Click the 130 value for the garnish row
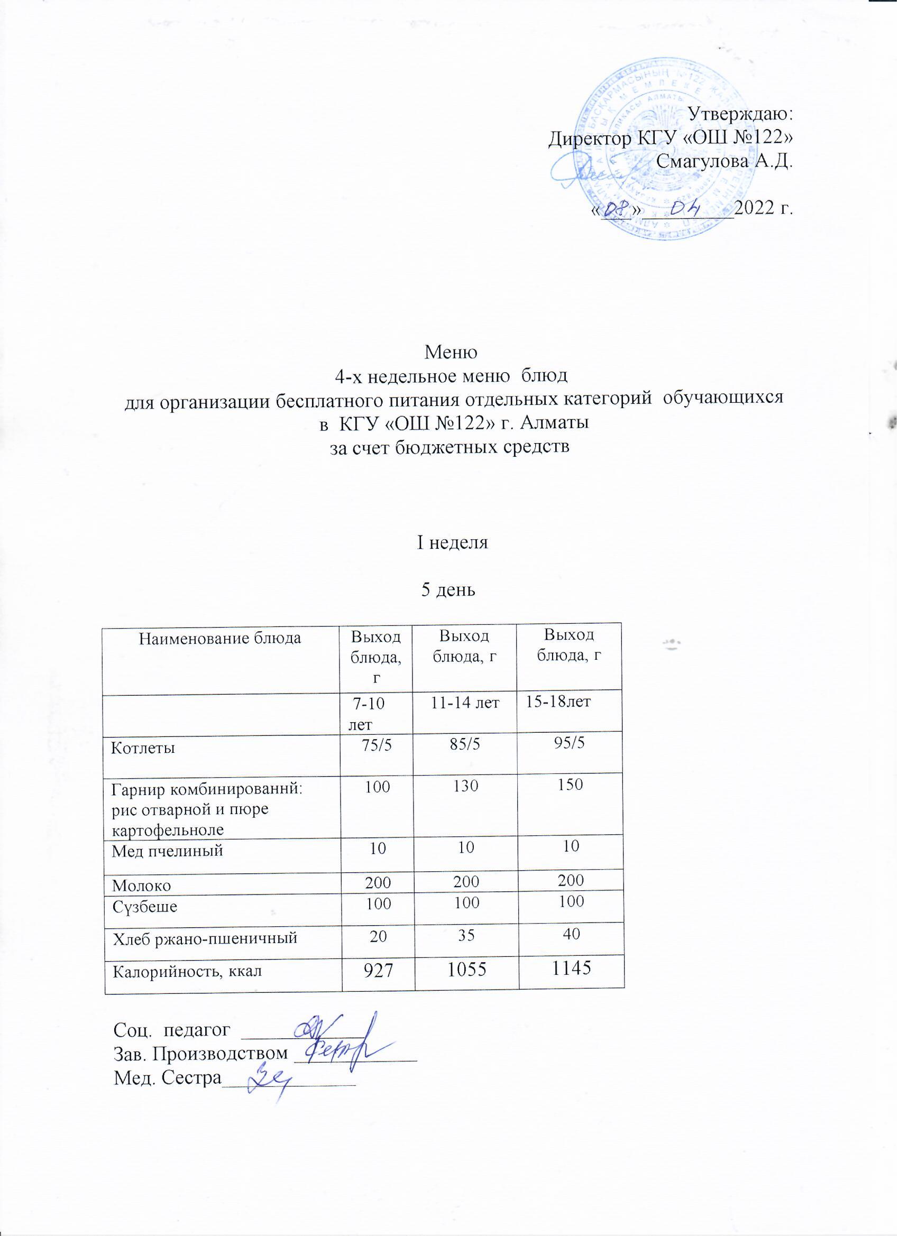tap(464, 786)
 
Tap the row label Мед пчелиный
tap(167, 850)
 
